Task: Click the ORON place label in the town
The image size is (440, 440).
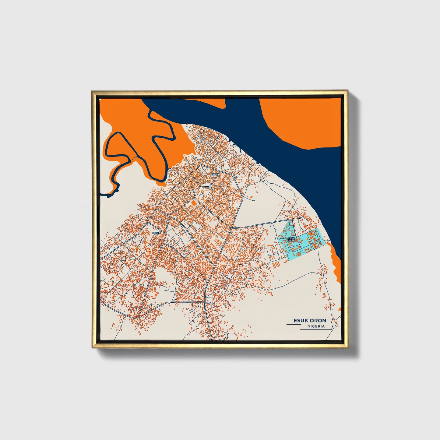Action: [x=215, y=174]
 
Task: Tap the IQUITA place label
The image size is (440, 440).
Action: [x=156, y=233]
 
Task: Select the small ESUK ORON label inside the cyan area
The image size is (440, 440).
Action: [x=291, y=239]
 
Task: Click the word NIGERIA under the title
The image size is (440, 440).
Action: [x=316, y=326]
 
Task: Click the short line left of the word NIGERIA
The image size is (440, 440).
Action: [x=293, y=325]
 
